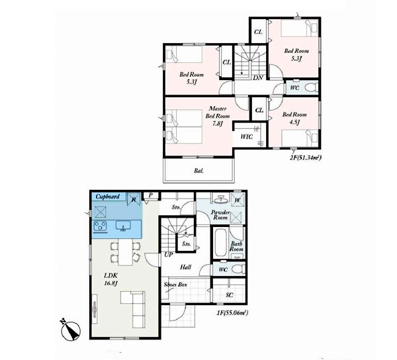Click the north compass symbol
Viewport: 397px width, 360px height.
[71, 330]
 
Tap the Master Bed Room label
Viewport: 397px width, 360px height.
[218, 112]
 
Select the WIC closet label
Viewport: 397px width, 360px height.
[246, 137]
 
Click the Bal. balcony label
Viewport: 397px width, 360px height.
[199, 171]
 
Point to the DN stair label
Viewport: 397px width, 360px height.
[258, 77]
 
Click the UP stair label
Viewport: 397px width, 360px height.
[169, 255]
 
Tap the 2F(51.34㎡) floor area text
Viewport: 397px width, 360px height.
[305, 158]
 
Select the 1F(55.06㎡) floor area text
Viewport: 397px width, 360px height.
[232, 313]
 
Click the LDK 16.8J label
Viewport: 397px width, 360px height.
[110, 279]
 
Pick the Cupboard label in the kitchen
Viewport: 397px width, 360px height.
[108, 197]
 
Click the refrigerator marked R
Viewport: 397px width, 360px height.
[134, 199]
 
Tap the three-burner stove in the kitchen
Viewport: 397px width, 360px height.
[101, 226]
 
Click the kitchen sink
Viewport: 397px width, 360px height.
[123, 226]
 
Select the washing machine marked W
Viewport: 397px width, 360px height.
[238, 200]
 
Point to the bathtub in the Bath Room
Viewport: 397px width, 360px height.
[221, 243]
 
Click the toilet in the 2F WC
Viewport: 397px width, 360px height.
[311, 87]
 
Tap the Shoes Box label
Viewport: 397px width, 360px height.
[175, 285]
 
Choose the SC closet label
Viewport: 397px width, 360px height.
[230, 295]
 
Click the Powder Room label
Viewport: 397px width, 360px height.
[220, 214]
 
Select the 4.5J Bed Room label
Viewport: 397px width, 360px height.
[294, 118]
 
